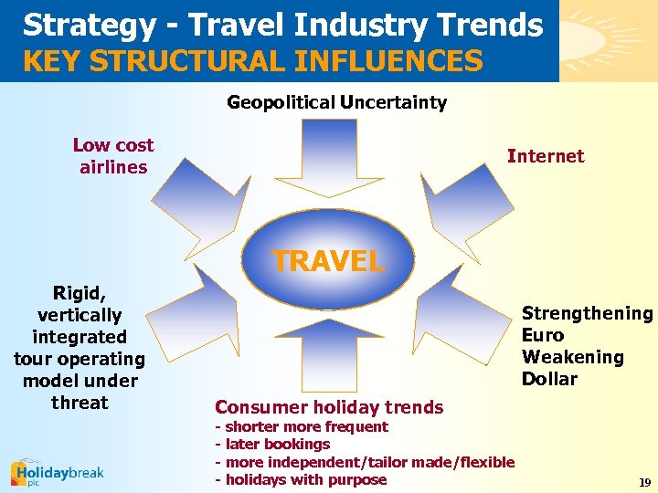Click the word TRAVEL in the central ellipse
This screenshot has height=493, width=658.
tap(328, 261)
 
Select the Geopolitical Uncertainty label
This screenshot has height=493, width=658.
tap(336, 102)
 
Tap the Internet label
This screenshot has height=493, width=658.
tap(546, 156)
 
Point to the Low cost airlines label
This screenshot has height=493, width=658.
tap(113, 156)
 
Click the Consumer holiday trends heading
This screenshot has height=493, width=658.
tap(329, 407)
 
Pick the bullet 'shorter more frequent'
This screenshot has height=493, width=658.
tap(306, 427)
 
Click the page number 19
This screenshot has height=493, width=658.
tap(644, 482)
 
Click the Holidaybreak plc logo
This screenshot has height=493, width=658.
tap(57, 473)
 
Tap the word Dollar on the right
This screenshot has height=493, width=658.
tap(549, 379)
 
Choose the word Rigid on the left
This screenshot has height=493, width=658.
tap(80, 293)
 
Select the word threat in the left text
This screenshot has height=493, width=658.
tap(80, 403)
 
